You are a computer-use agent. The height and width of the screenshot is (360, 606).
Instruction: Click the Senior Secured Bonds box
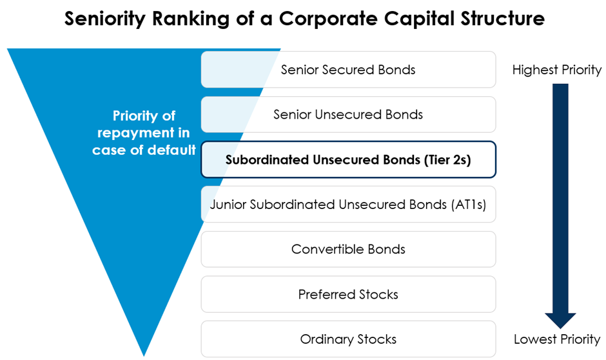[348, 70]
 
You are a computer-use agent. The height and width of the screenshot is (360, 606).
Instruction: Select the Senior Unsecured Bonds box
[348, 114]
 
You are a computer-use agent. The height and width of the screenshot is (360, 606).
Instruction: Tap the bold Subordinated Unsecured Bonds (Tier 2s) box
[348, 159]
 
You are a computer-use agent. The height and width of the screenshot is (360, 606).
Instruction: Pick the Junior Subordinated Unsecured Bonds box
[348, 204]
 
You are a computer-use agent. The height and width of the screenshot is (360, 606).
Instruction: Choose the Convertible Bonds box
[348, 249]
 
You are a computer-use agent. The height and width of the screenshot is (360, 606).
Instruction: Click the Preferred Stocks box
[348, 294]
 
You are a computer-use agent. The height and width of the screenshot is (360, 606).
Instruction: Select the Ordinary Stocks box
[348, 339]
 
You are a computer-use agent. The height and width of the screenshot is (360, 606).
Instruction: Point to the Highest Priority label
[557, 70]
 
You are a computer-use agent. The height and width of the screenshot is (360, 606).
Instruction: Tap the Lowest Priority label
[557, 339]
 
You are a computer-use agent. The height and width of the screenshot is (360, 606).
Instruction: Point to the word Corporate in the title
[328, 19]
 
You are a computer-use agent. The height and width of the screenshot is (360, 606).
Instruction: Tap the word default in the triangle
[171, 150]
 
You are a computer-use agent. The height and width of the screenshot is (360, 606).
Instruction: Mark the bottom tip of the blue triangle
[144, 355]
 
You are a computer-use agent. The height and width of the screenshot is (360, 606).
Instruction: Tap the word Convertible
[327, 249]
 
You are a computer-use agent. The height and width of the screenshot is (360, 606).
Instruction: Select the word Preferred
[327, 294]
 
